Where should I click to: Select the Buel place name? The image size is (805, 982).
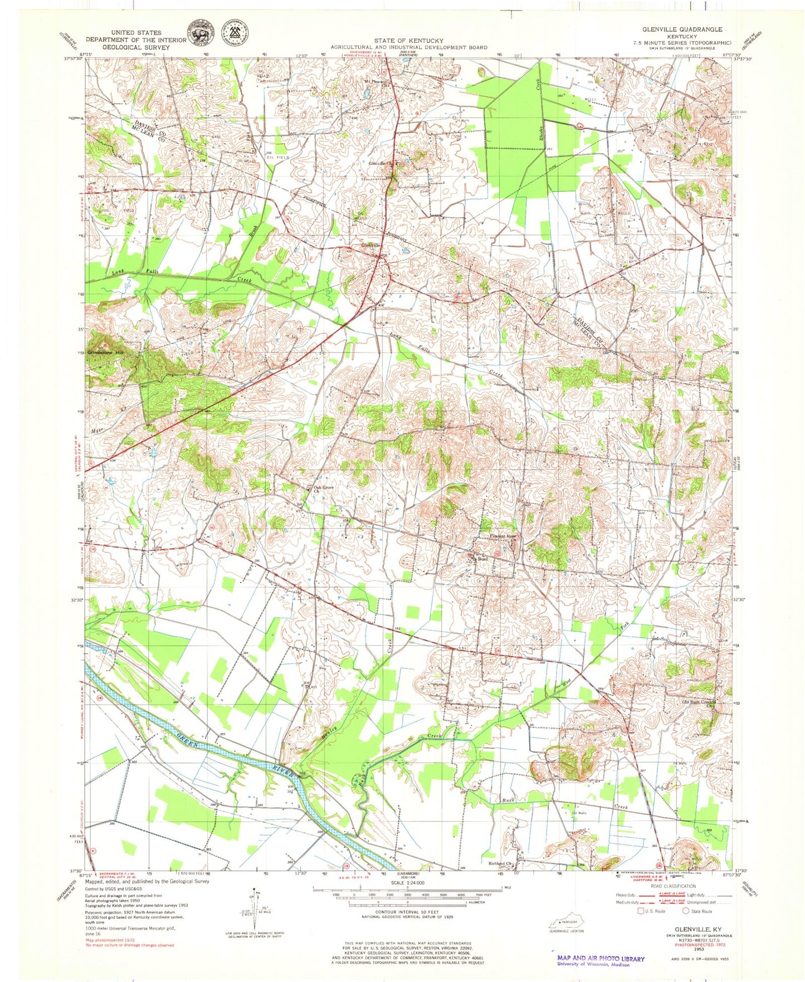coord(482,559)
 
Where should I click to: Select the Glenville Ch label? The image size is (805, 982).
coord(382,164)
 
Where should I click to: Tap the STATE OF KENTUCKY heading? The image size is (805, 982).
coord(408,41)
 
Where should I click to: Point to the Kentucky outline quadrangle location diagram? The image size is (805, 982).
coord(567,921)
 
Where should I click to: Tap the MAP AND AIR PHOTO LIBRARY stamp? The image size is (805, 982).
coord(600,959)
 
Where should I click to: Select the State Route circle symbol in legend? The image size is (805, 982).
coord(686,911)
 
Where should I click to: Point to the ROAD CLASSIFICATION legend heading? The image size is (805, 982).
coord(673,886)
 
